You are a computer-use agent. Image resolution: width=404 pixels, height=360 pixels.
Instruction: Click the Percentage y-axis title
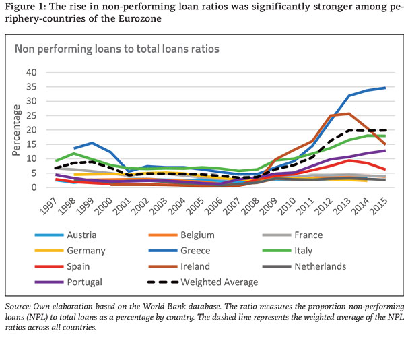point(15,129)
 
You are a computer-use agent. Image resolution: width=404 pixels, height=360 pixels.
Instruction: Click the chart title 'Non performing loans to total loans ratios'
point(117,49)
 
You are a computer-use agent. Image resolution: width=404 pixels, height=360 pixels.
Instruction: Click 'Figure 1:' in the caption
point(25,7)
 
